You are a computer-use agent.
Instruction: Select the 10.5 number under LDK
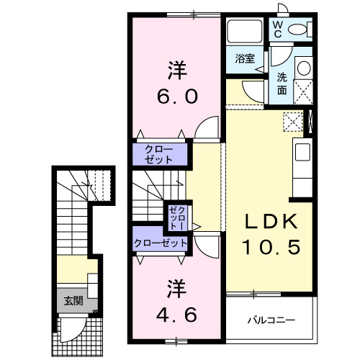270,247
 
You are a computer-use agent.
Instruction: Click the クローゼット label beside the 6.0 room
158,153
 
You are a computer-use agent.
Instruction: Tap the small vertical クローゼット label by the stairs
176,215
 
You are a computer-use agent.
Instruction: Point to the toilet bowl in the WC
302,30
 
